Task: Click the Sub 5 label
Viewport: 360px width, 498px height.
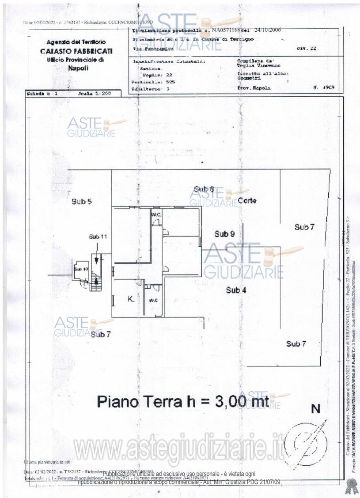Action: point(82,202)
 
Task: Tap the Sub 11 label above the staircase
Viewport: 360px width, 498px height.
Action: point(98,237)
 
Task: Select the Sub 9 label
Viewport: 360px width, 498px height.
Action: point(224,234)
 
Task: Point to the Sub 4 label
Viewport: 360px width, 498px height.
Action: point(236,290)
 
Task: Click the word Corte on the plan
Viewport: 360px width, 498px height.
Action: point(247,201)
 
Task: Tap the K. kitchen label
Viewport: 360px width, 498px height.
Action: point(131,299)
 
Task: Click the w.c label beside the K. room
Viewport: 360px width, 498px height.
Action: point(153,301)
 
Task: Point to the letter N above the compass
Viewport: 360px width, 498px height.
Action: point(315,409)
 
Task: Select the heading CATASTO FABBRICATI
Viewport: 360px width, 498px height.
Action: point(76,51)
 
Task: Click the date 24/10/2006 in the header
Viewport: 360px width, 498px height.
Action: point(266,30)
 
